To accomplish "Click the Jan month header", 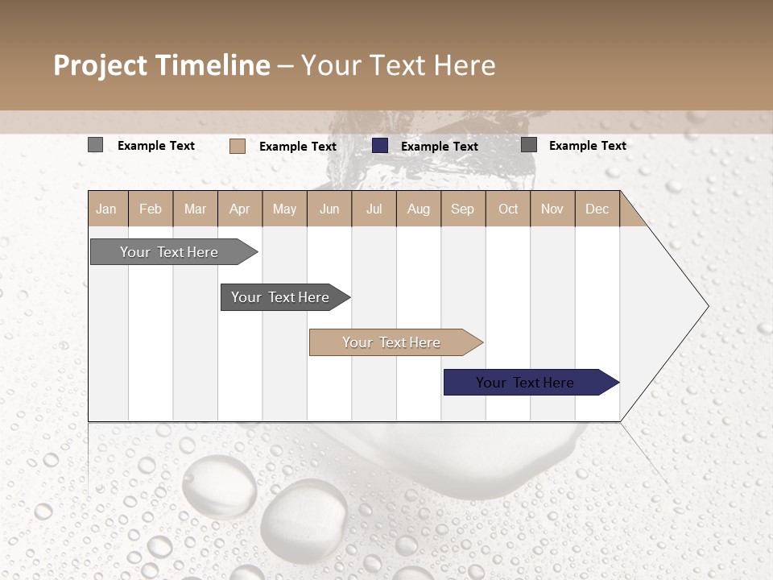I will [x=106, y=209].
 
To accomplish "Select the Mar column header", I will [x=195, y=209].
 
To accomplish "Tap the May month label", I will [x=284, y=209].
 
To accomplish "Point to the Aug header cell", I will [x=418, y=209].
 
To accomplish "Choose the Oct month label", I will [x=508, y=209].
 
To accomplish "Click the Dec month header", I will [x=597, y=209].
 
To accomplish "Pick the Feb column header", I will [x=151, y=209].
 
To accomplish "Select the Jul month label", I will [x=374, y=209].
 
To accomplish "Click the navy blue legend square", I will [x=380, y=146].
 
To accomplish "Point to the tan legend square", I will [x=238, y=146].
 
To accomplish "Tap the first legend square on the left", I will [x=95, y=145].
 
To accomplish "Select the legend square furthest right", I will [x=529, y=145].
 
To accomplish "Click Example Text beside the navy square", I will [x=439, y=147].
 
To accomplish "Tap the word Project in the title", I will [x=101, y=65].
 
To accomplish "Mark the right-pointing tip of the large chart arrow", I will [x=707, y=306].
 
